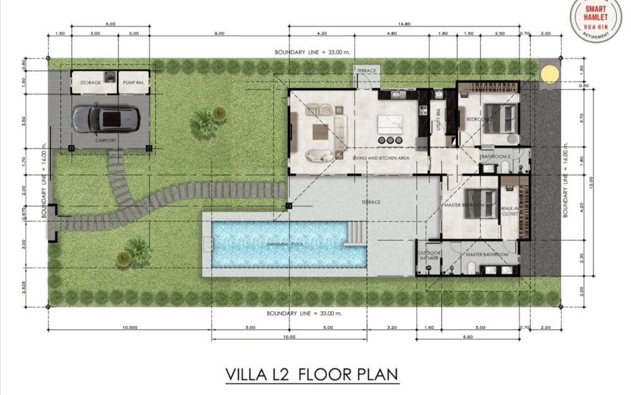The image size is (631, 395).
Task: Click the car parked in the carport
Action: click(x=102, y=118)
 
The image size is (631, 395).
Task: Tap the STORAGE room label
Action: click(x=90, y=83)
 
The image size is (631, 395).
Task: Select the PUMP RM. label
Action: click(x=132, y=83)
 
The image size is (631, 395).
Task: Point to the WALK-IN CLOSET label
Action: click(x=509, y=210)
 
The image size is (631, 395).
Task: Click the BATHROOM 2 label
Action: click(x=496, y=155)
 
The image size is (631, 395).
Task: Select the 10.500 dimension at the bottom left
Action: click(x=129, y=327)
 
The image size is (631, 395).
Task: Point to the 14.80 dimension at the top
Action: click(x=404, y=24)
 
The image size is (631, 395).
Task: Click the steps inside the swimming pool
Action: click(x=357, y=233)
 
